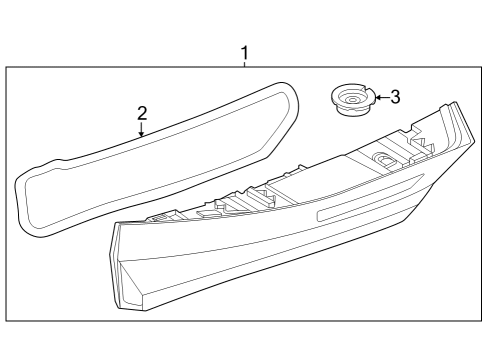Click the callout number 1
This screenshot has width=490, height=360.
click(x=244, y=52)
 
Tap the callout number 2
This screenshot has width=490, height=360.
click(x=142, y=112)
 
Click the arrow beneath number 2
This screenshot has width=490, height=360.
click(x=142, y=129)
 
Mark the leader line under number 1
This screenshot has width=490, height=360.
click(x=244, y=64)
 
